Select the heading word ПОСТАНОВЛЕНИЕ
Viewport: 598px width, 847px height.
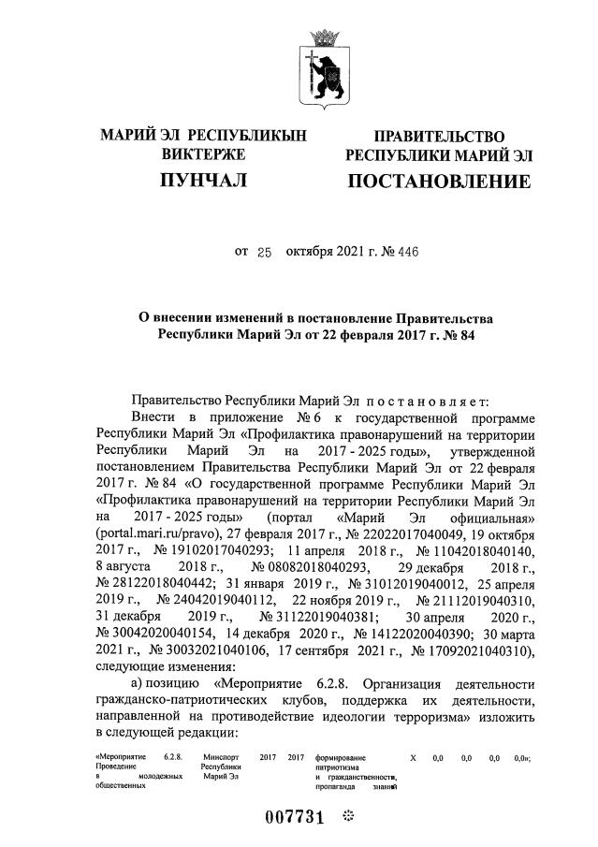tap(438, 181)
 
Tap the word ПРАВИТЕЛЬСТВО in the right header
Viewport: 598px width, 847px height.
tap(439, 138)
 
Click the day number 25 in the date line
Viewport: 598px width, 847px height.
tap(263, 252)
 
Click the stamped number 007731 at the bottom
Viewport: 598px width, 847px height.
tap(291, 816)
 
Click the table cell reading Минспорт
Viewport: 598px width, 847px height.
tap(220, 755)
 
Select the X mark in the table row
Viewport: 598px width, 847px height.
tap(413, 755)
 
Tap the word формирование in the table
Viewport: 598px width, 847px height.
tap(341, 755)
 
